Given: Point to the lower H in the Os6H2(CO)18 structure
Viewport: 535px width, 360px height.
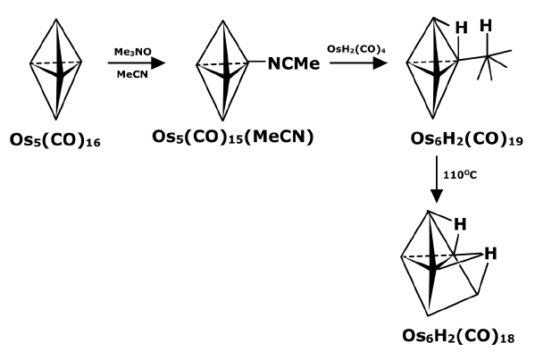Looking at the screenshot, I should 490,254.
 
